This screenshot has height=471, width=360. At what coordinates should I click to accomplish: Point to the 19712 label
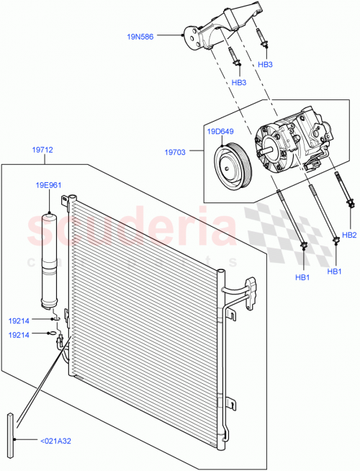pos(42,151)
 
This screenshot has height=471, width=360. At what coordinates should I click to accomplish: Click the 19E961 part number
pos(50,185)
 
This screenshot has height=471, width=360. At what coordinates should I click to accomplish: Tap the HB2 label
pos(350,235)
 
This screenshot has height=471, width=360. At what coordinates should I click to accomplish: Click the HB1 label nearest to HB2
pos(334,272)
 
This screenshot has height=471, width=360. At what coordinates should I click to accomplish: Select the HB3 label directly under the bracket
pos(239,82)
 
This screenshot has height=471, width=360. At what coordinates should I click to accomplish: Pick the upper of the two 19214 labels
pos(19,320)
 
